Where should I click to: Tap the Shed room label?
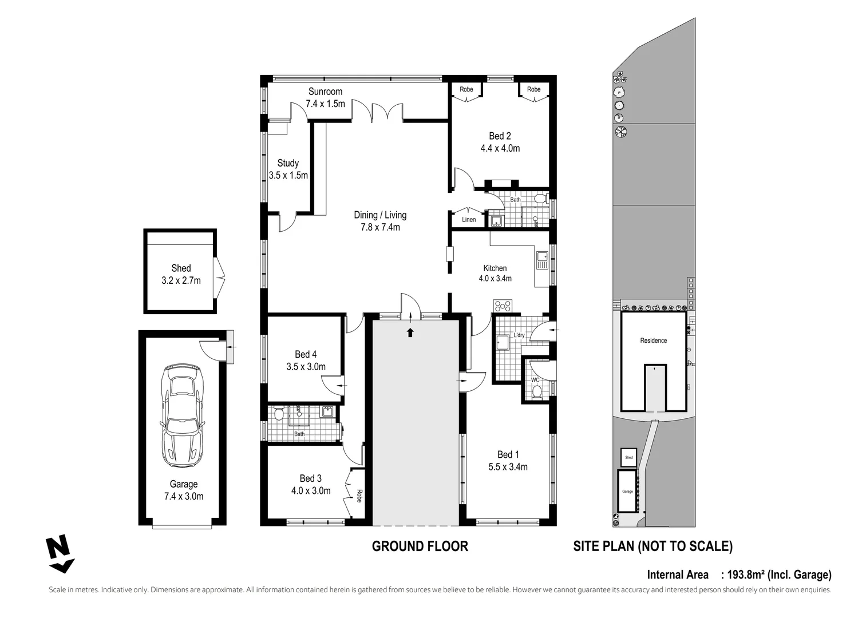(x=181, y=268)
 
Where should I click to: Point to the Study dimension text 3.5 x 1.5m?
(x=288, y=176)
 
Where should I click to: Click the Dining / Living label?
(x=380, y=215)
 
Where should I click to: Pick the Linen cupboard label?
(x=468, y=220)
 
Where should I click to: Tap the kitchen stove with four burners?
(x=502, y=306)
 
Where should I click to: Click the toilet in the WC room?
(x=536, y=391)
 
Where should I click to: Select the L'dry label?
(x=519, y=335)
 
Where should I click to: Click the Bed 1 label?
(x=504, y=454)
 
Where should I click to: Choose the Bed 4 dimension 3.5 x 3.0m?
(x=306, y=367)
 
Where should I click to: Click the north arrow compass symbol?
(x=60, y=554)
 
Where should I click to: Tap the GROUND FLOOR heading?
(x=420, y=546)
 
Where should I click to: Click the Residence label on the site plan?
(x=653, y=340)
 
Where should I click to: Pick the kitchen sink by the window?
(x=541, y=263)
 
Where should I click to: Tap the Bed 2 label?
(x=500, y=136)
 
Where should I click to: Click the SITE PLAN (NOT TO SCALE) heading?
(x=653, y=546)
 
